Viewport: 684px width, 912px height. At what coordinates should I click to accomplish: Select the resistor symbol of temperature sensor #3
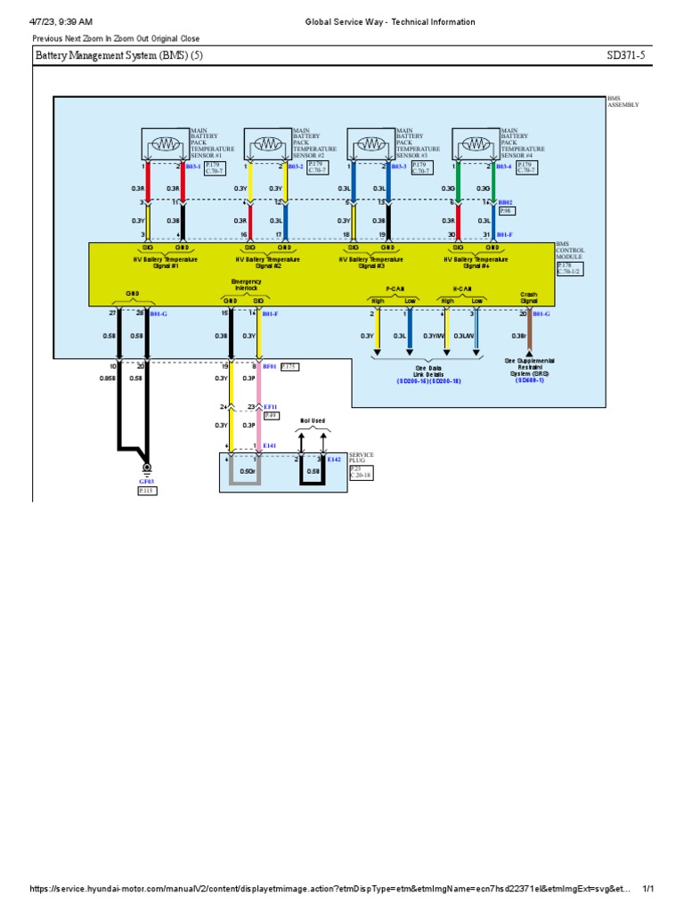[x=370, y=143]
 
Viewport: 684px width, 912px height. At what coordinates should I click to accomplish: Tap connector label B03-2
[x=296, y=167]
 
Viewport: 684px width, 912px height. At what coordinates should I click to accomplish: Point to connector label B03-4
[x=504, y=167]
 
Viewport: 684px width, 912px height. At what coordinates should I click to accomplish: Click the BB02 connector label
[x=505, y=203]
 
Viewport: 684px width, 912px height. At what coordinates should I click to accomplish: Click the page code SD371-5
[x=625, y=56]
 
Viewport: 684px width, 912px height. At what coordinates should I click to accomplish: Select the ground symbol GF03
[x=147, y=468]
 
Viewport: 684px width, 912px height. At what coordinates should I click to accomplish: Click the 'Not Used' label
[x=313, y=420]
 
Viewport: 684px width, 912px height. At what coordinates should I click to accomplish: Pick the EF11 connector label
[x=270, y=406]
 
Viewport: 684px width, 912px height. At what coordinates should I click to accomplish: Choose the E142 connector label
[x=334, y=459]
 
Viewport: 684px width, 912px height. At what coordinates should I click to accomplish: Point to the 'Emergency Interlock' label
[x=246, y=285]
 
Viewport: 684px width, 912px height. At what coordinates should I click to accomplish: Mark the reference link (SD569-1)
[x=530, y=380]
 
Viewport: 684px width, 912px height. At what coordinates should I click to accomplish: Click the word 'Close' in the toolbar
[x=189, y=38]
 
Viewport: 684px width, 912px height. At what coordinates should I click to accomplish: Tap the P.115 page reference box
[x=147, y=490]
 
